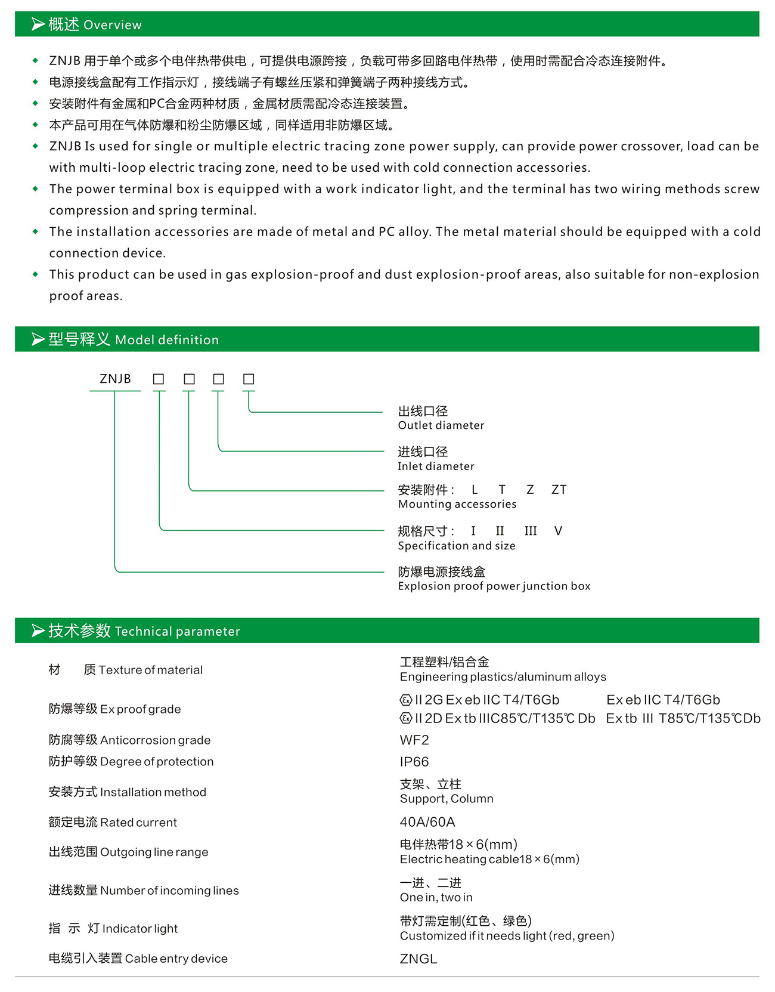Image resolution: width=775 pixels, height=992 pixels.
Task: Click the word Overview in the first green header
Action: [x=113, y=25]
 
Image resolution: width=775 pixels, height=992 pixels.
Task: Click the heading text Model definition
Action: [x=167, y=340]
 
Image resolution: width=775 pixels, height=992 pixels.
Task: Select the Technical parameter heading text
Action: [x=178, y=632]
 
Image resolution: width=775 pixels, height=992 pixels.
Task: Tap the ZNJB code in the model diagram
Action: [x=115, y=379]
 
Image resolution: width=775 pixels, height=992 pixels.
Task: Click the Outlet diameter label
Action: [x=441, y=425]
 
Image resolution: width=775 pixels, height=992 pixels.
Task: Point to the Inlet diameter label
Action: [x=436, y=466]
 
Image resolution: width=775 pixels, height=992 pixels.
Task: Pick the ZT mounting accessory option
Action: [x=559, y=490]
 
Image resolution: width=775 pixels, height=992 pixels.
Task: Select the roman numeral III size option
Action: [x=531, y=531]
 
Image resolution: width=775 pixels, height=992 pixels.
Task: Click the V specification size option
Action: [x=558, y=531]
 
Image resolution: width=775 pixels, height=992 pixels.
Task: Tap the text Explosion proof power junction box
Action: [x=494, y=586]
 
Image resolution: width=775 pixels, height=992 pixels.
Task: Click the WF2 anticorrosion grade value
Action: [x=414, y=740]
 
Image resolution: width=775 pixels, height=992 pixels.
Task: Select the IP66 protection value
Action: [x=414, y=762]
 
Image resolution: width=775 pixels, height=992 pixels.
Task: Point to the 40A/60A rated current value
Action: [x=427, y=823]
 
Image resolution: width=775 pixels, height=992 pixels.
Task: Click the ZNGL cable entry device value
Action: [x=418, y=959]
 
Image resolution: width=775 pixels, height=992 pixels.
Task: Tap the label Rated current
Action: [x=138, y=823]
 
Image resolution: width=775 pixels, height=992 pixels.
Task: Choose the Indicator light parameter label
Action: [x=140, y=929]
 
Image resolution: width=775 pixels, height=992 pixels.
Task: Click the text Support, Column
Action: [x=447, y=799]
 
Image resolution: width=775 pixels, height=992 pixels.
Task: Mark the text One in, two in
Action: [x=436, y=898]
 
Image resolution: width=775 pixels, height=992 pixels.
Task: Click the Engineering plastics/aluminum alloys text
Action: [x=503, y=677]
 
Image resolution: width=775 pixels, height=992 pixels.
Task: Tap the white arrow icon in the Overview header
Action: [x=38, y=24]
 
